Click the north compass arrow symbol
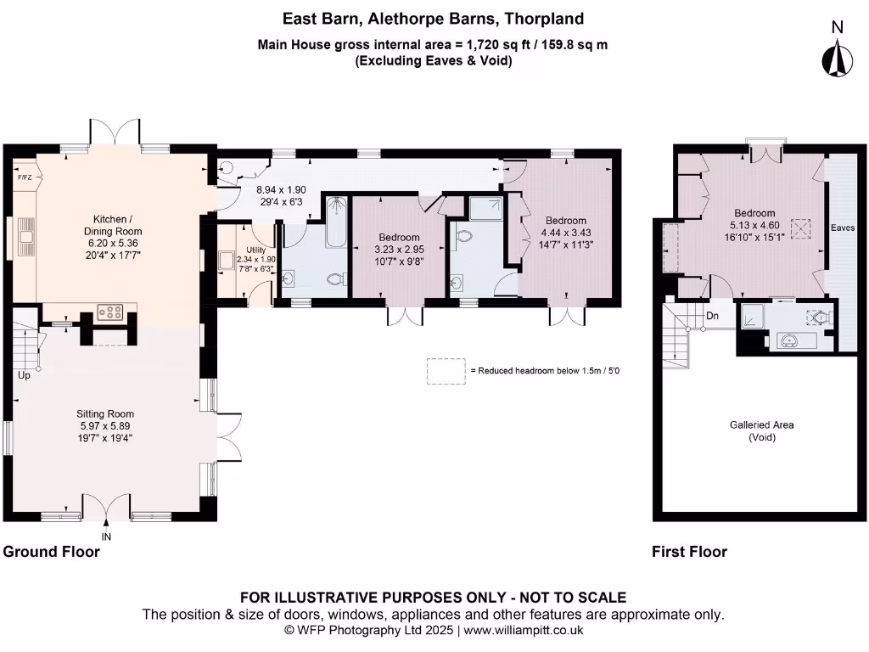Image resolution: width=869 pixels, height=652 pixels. pos(838,58)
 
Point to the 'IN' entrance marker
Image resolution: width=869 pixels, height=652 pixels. pos(106,537)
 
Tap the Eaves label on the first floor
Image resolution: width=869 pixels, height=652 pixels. pos(843,228)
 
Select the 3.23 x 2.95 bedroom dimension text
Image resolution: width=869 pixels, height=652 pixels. pos(399,250)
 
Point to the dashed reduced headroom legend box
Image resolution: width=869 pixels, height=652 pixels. pos(446,371)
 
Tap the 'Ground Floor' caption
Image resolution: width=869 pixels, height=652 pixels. pos(52,552)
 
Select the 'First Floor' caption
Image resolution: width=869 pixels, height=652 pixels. pos(689,552)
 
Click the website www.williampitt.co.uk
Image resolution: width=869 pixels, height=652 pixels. pos(523,631)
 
